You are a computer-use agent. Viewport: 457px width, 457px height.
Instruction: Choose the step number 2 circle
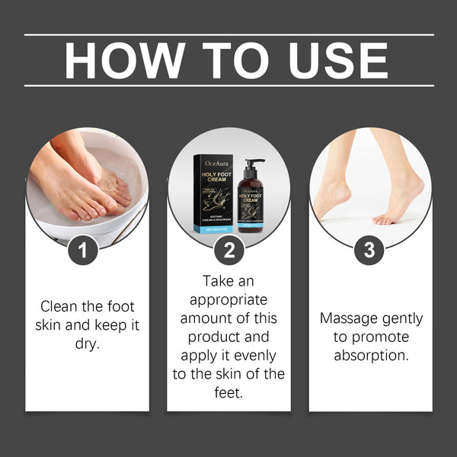point(228,250)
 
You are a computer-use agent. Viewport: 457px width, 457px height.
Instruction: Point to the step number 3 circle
point(369,250)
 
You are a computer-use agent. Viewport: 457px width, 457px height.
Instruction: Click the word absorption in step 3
point(370,354)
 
